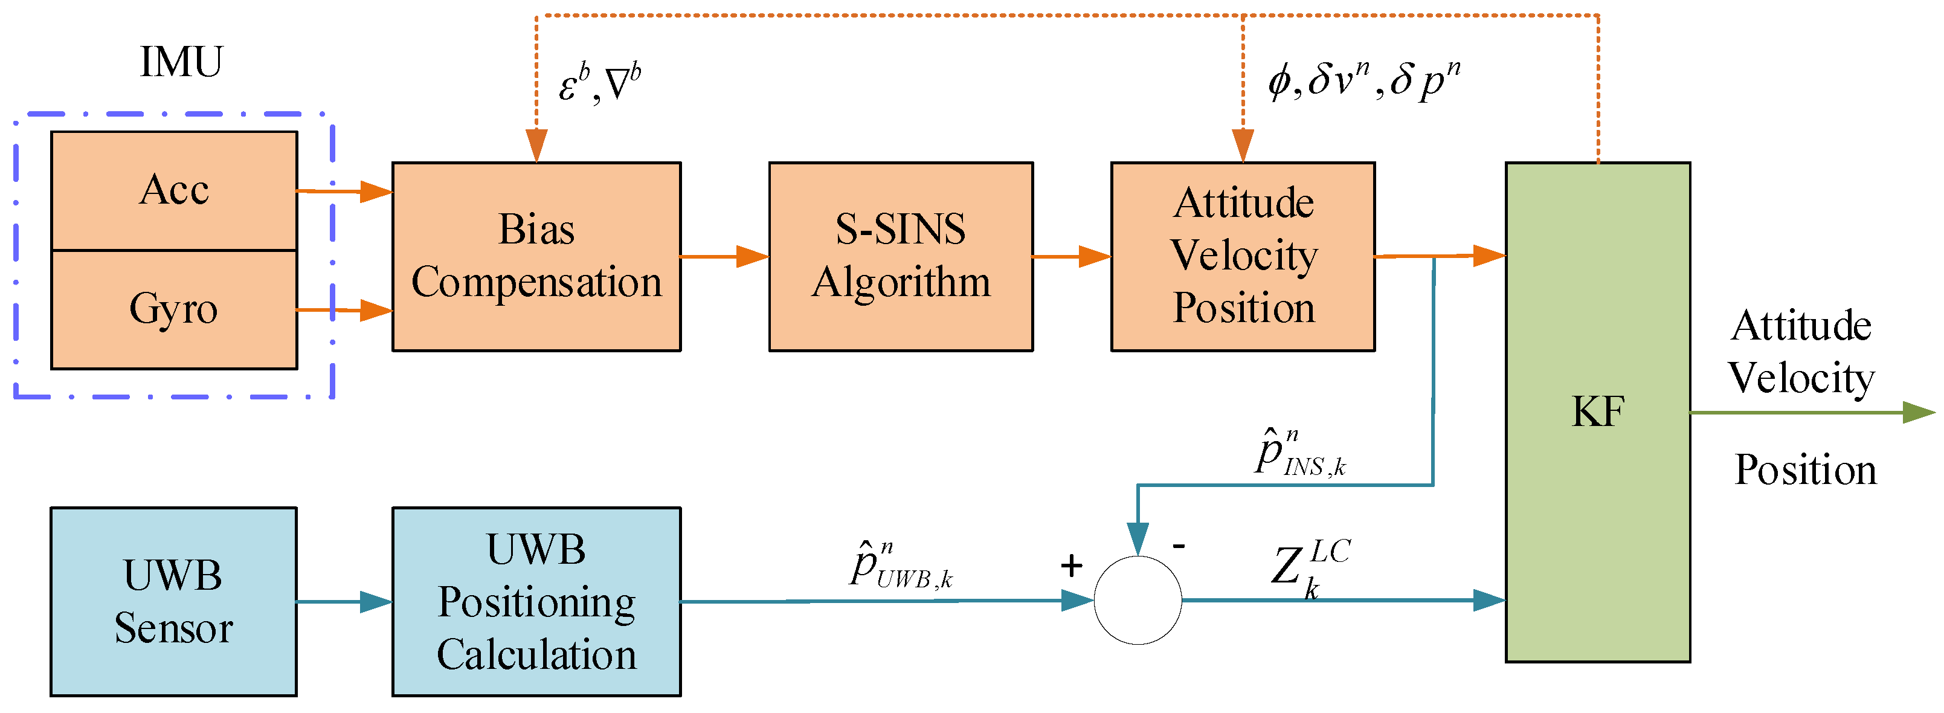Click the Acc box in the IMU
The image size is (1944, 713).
[x=173, y=190]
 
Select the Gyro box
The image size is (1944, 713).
[x=173, y=309]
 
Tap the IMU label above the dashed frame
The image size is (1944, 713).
[x=181, y=62]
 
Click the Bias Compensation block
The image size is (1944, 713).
[x=536, y=257]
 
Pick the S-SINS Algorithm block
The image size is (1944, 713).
[x=900, y=257]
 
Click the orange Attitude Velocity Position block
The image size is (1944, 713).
[x=1242, y=257]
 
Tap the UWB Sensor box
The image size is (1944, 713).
[x=173, y=601]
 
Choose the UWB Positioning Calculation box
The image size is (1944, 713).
[x=536, y=601]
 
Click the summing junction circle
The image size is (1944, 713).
[x=1138, y=601]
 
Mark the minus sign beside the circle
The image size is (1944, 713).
[x=1179, y=545]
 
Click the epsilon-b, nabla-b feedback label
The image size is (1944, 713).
[x=599, y=83]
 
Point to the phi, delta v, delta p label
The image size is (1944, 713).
[x=1363, y=80]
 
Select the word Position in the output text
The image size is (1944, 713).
[x=1804, y=471]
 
